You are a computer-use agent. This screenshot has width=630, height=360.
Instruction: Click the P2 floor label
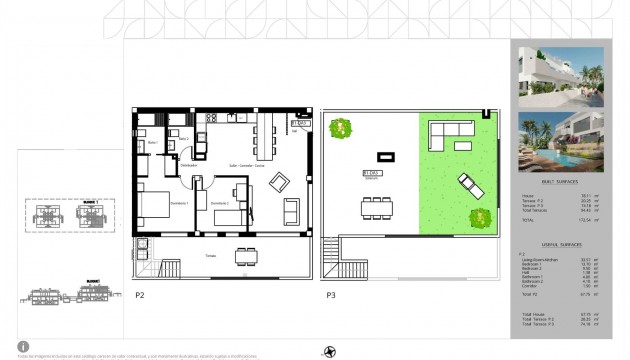click(140, 295)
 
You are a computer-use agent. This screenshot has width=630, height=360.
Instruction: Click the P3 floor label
click(330, 295)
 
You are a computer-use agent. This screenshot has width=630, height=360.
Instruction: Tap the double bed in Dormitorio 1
click(155, 211)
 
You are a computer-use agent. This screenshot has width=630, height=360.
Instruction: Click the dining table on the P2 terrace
click(247, 256)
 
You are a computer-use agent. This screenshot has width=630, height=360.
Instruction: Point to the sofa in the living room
click(291, 211)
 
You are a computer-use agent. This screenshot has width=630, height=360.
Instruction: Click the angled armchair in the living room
click(281, 184)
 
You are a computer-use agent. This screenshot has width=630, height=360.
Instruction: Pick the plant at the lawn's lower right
click(485, 217)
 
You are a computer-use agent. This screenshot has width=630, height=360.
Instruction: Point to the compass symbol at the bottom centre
click(330, 350)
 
